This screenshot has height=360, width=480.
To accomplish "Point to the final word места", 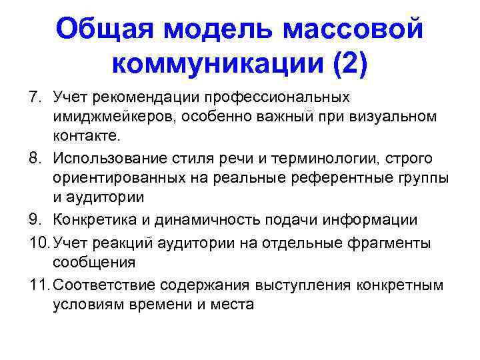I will point(235,305).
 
